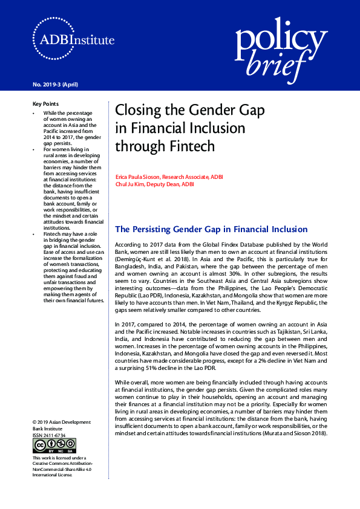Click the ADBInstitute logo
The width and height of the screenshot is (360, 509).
coord(73,41)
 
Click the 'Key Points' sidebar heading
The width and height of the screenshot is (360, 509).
coord(45,104)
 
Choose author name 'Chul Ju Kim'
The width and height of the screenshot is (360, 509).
coord(130,184)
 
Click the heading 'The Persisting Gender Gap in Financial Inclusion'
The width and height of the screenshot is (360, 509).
coord(211,229)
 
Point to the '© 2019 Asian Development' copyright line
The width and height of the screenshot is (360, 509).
coord(61,422)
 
